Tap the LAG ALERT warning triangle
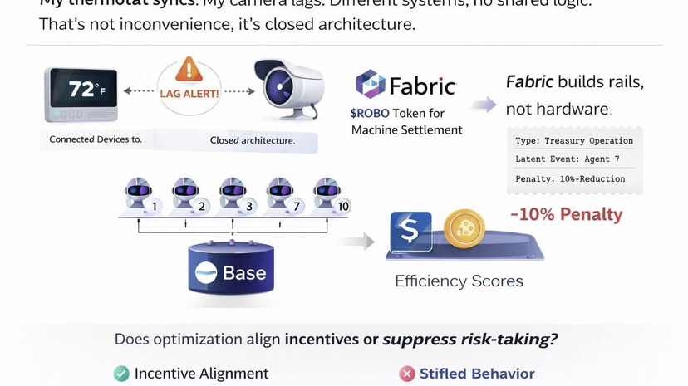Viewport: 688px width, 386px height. [x=190, y=70]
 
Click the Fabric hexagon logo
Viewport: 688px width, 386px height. [x=370, y=85]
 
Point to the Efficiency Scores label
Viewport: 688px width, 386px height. [x=459, y=281]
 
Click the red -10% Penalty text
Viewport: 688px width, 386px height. [x=565, y=214]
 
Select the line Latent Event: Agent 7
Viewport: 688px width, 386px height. [x=568, y=159]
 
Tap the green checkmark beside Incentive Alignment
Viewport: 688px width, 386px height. [x=121, y=374]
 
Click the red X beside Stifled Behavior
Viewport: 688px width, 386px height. [x=407, y=374]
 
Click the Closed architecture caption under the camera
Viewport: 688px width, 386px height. [x=253, y=140]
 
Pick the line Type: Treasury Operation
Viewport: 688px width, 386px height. [x=574, y=140]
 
